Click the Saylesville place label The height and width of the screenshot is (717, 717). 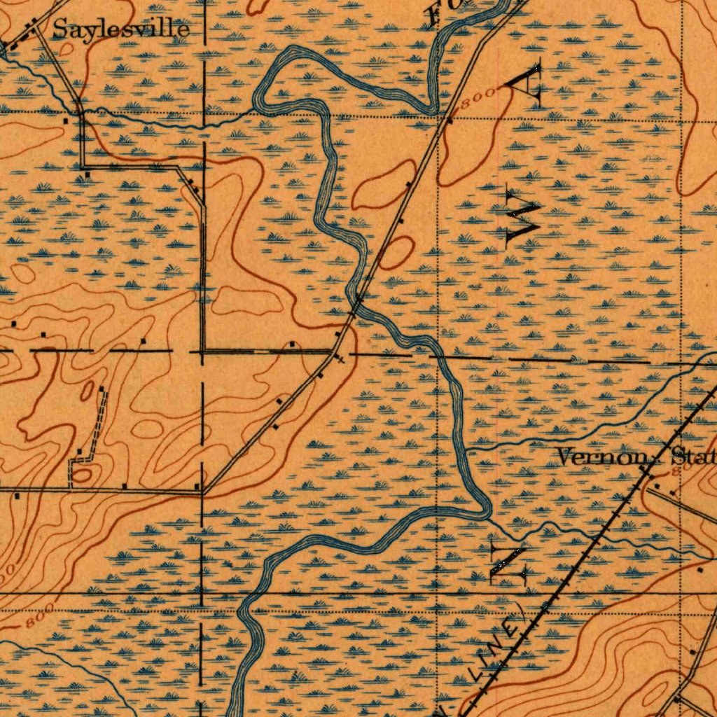tap(120, 29)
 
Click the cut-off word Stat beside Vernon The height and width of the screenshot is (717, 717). tap(693, 457)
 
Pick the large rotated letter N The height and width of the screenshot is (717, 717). tap(510, 562)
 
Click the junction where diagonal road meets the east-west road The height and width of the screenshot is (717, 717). tap(202, 492)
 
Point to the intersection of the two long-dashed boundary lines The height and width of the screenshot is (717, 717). tap(202, 350)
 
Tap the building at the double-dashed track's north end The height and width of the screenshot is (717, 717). tap(102, 389)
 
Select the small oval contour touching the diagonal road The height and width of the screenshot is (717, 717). tap(394, 251)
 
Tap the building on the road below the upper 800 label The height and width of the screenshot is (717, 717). tap(450, 120)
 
